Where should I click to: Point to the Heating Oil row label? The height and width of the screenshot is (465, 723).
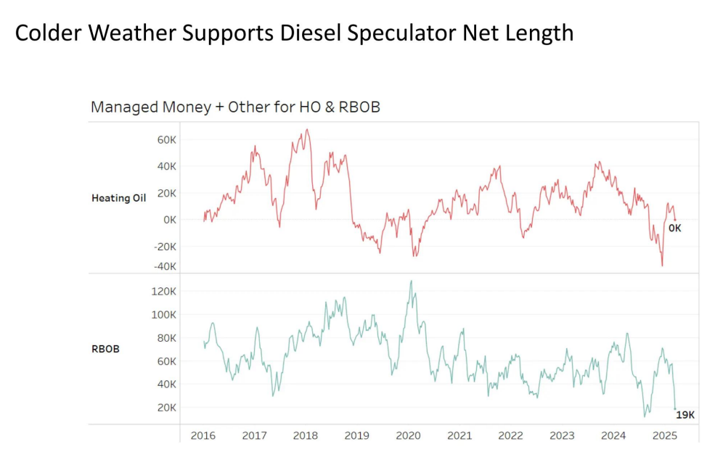(x=118, y=197)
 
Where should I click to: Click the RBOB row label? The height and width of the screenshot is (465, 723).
(x=105, y=348)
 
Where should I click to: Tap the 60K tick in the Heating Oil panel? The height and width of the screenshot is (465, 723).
(x=167, y=139)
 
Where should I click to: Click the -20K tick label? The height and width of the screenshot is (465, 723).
(x=166, y=246)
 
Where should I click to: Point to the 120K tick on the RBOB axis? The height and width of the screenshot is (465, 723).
(x=164, y=291)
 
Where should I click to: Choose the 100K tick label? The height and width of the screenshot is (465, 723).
(x=164, y=314)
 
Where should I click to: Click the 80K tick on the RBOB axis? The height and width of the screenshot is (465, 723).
(x=167, y=337)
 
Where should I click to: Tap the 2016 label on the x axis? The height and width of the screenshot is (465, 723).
(x=203, y=435)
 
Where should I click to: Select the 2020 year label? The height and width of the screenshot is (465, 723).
(x=408, y=435)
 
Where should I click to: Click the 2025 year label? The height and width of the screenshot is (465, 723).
(x=665, y=435)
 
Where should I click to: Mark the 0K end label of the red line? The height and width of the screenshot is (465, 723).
(x=674, y=228)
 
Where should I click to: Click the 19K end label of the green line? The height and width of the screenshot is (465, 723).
(x=685, y=415)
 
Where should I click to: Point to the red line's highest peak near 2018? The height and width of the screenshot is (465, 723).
(x=307, y=130)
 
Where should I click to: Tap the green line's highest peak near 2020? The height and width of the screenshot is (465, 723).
(x=412, y=281)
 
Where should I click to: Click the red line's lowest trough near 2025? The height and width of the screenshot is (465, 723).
(x=662, y=266)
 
